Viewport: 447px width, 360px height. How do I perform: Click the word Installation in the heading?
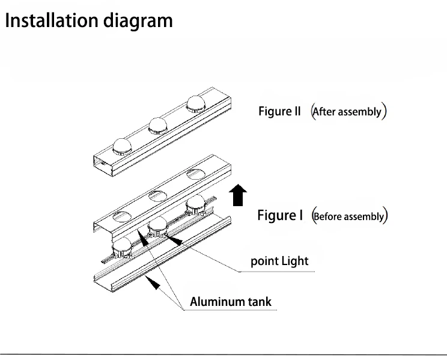click(51, 20)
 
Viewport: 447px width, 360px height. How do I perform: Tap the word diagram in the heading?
click(138, 22)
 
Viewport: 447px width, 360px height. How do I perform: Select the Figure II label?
click(279, 111)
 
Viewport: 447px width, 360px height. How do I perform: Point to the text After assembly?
click(348, 111)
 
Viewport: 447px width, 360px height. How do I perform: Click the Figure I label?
click(280, 215)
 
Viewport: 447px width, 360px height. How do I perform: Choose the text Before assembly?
click(350, 216)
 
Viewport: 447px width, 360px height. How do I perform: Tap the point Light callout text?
click(279, 261)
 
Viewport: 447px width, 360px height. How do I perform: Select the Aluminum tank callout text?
click(231, 302)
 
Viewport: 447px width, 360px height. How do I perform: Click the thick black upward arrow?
click(238, 195)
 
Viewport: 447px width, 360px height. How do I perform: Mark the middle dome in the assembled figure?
click(157, 125)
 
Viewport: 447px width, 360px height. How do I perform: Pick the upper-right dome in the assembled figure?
click(196, 104)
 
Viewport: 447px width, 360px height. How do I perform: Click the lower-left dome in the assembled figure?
click(123, 147)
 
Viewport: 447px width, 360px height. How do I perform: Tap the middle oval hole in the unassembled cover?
click(158, 196)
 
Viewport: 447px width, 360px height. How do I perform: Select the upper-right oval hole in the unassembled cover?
click(196, 174)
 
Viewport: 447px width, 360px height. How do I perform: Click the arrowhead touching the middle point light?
click(174, 240)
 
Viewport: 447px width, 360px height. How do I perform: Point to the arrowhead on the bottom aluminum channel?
click(153, 282)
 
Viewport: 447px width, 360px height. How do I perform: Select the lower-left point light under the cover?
click(122, 249)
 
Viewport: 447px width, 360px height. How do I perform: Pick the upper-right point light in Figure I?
click(196, 204)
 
